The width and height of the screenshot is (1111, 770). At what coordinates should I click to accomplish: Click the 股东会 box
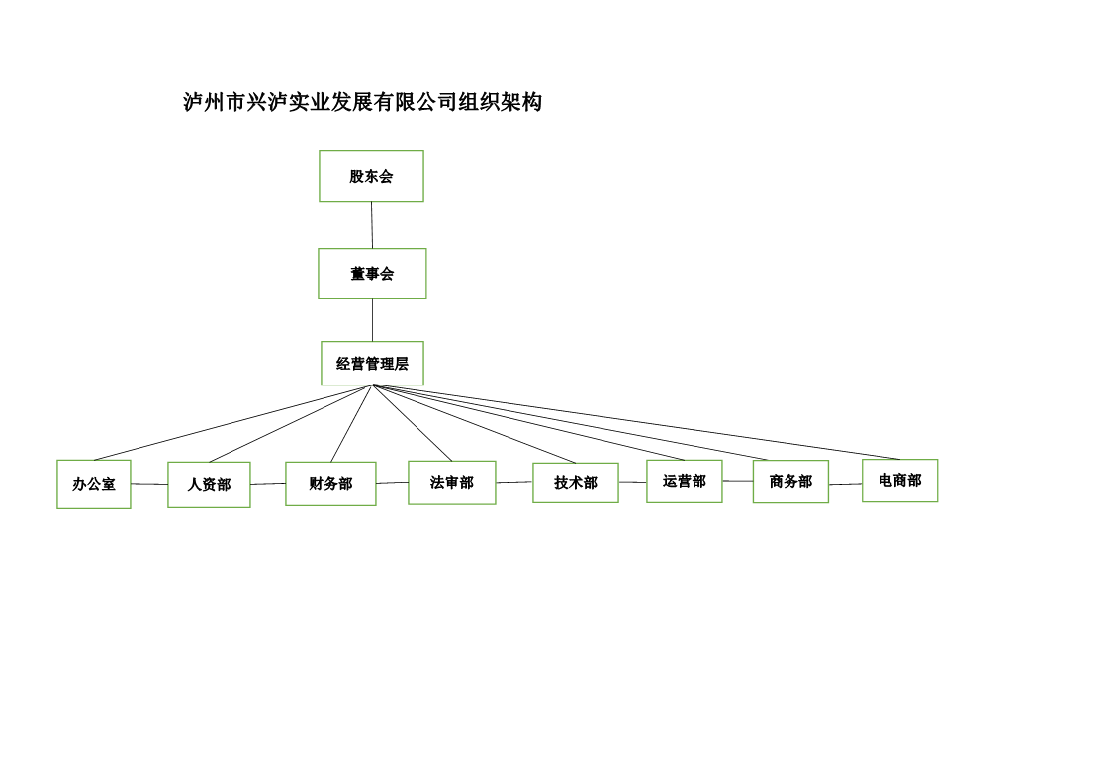tap(371, 176)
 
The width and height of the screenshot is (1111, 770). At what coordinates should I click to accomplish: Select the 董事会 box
tap(372, 273)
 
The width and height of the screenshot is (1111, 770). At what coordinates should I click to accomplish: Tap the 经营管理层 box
tap(372, 363)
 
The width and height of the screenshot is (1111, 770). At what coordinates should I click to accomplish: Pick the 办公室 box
tap(94, 484)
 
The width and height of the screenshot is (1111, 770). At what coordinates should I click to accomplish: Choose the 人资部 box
tap(209, 484)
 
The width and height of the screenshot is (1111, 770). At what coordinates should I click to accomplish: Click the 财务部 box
tap(330, 484)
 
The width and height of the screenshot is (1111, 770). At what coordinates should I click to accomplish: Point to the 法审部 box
tap(451, 482)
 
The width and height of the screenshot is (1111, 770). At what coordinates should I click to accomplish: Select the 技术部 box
tap(576, 482)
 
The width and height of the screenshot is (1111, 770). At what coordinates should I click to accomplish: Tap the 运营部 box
tap(684, 481)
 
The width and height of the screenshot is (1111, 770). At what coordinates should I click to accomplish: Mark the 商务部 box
tap(790, 482)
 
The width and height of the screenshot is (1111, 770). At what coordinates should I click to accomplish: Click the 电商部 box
tap(900, 480)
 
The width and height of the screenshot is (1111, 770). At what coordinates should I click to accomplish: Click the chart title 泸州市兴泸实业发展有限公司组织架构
tap(363, 102)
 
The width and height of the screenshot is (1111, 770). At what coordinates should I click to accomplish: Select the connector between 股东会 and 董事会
tap(372, 225)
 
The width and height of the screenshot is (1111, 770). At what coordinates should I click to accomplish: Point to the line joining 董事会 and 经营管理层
tap(373, 320)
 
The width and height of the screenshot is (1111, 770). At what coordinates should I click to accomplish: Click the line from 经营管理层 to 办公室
tap(233, 422)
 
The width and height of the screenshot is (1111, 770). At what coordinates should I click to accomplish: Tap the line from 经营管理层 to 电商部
tap(636, 422)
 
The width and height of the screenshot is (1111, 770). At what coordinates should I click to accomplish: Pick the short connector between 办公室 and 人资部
tap(149, 484)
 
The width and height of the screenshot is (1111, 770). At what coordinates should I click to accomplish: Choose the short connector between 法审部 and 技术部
tap(514, 482)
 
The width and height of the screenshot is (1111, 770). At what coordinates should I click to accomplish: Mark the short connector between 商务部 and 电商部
tap(845, 484)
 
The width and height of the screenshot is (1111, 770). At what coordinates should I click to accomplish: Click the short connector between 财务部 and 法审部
tap(392, 483)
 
